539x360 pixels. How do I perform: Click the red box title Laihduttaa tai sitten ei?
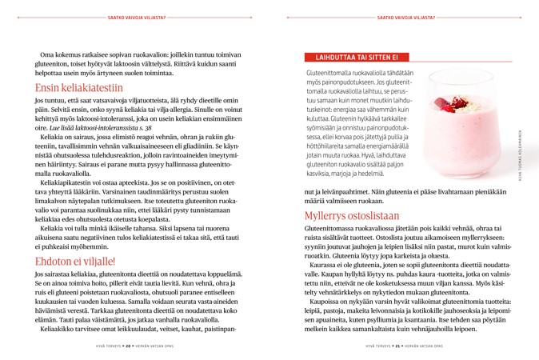[353, 58]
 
